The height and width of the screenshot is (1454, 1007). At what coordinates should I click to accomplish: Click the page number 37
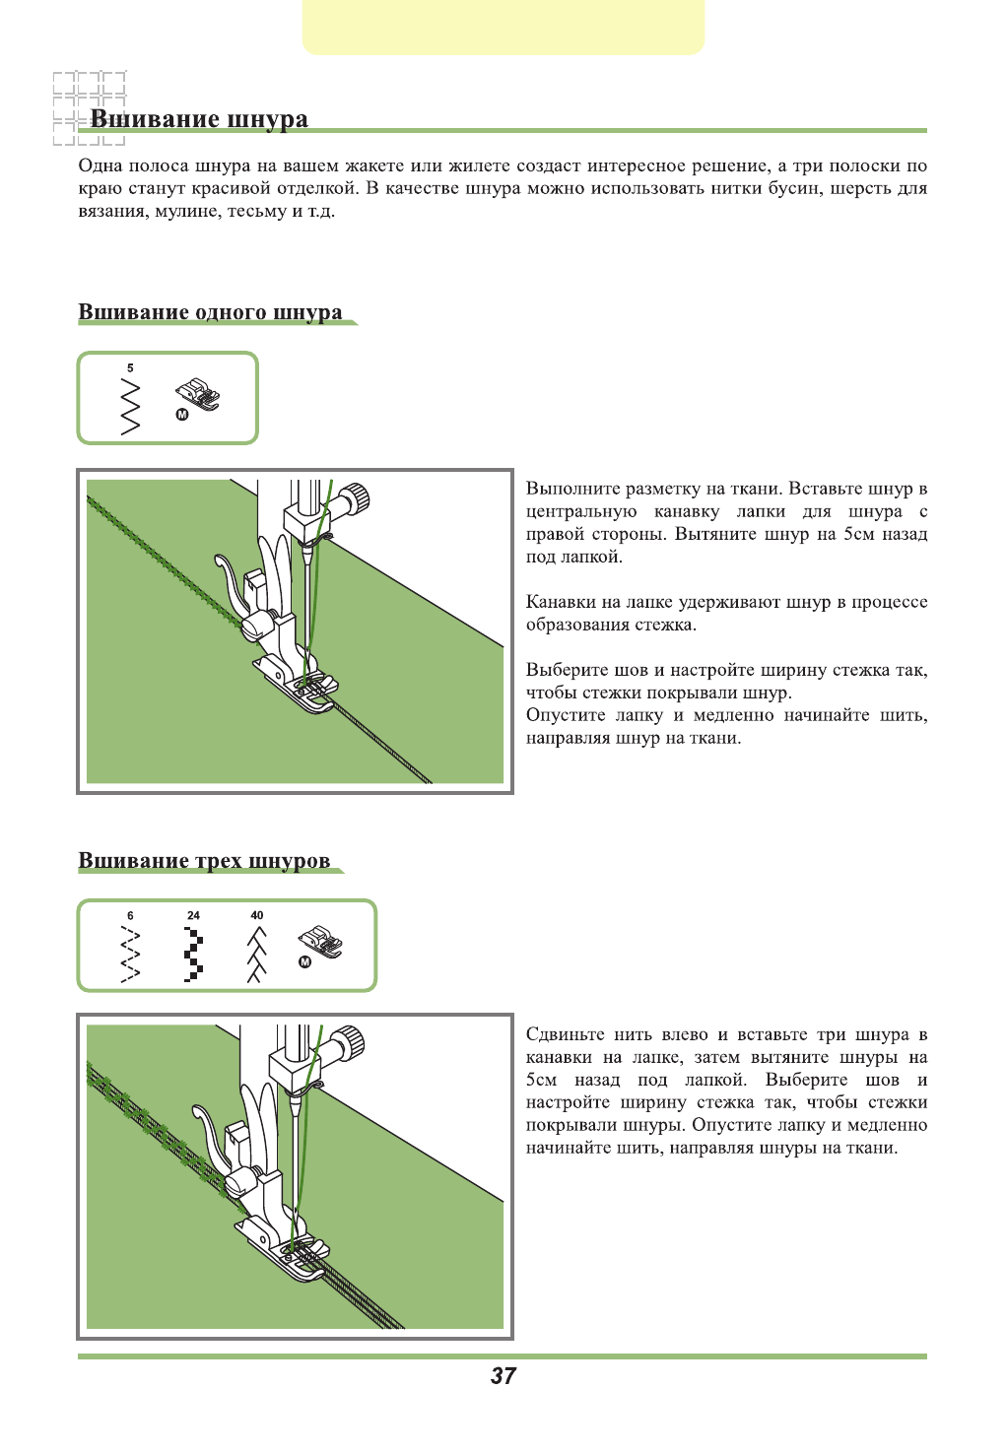pyautogui.click(x=503, y=1376)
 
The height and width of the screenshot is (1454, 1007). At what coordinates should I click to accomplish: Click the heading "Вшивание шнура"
pyautogui.click(x=199, y=119)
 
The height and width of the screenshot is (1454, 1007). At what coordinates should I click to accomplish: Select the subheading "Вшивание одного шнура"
pyautogui.click(x=210, y=312)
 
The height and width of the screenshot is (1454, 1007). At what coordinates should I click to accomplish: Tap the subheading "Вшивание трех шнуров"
pyautogui.click(x=204, y=861)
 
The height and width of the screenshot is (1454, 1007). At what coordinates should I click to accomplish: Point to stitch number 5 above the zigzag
pyautogui.click(x=130, y=368)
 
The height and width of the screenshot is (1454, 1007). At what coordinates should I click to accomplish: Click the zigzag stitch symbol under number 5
pyautogui.click(x=130, y=407)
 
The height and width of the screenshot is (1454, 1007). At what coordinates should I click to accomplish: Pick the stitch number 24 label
pyautogui.click(x=193, y=915)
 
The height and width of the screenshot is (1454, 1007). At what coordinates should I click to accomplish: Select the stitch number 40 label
pyautogui.click(x=257, y=915)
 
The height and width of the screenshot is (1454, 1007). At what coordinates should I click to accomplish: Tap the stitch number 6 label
pyautogui.click(x=130, y=915)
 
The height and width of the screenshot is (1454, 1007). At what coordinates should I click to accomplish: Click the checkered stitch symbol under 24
pyautogui.click(x=193, y=955)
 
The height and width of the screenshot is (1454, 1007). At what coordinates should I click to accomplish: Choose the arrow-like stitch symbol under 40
pyautogui.click(x=256, y=955)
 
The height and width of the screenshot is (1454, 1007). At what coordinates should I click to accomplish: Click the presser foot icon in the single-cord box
pyautogui.click(x=200, y=394)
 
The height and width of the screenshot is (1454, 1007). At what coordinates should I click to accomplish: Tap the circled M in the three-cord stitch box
pyautogui.click(x=304, y=962)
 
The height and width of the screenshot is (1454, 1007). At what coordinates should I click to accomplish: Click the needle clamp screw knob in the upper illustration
pyautogui.click(x=359, y=497)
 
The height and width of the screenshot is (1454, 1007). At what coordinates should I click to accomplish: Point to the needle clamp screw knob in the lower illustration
pyautogui.click(x=351, y=1041)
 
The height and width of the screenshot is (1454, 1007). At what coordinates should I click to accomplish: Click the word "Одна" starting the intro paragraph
pyautogui.click(x=100, y=165)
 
